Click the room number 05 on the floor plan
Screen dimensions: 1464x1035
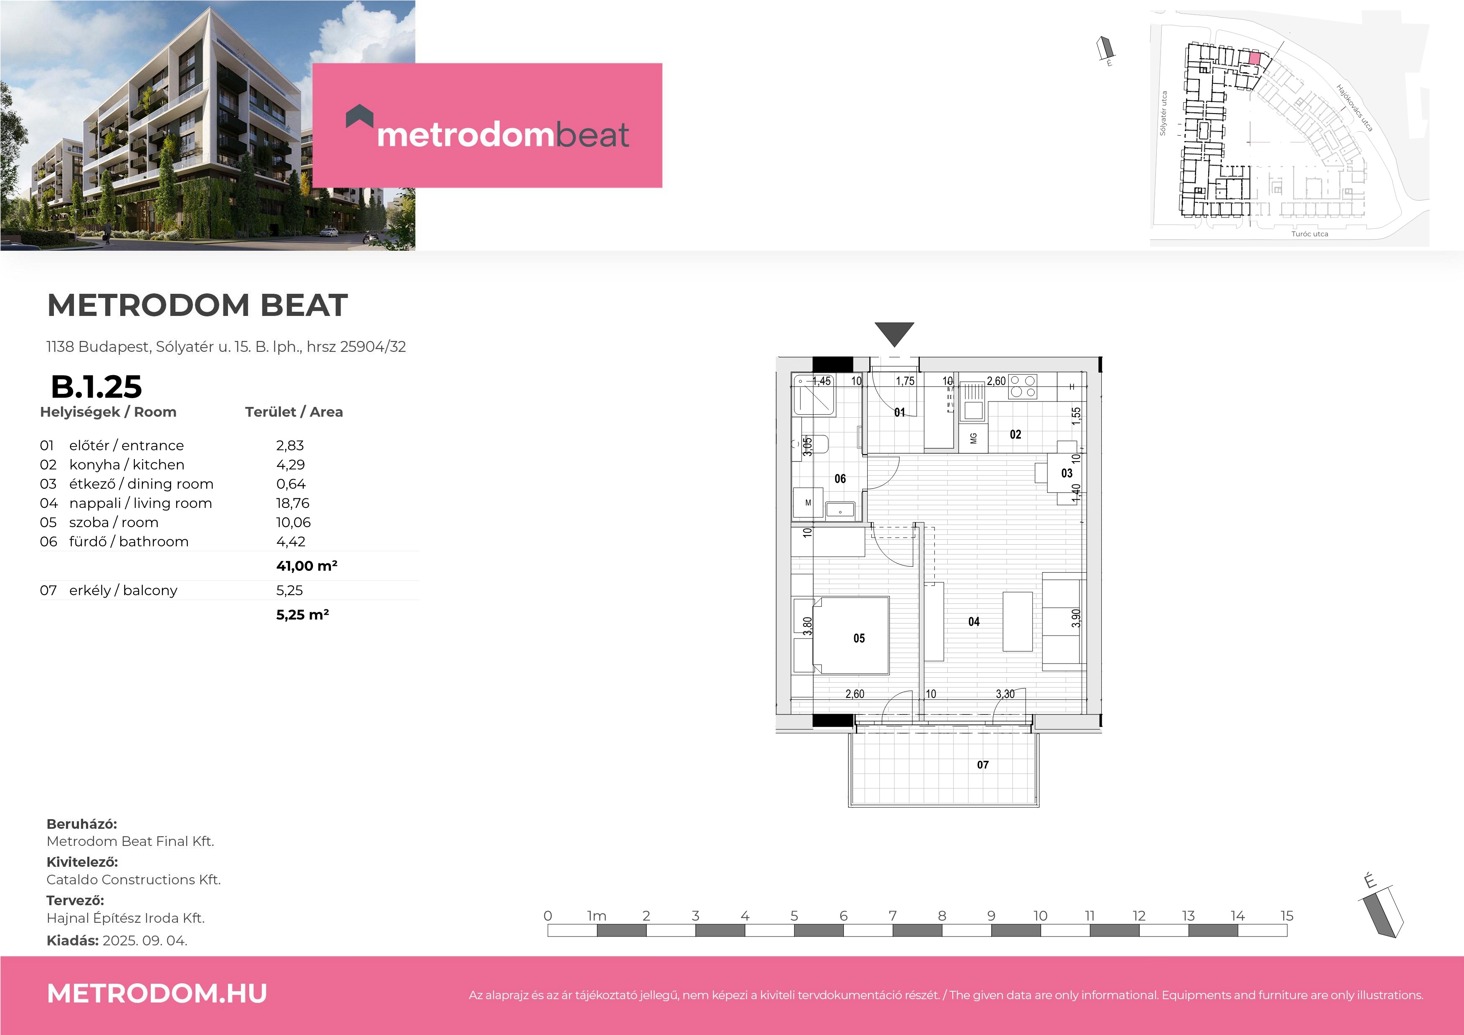click(x=859, y=639)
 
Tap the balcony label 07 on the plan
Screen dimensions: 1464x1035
click(x=982, y=765)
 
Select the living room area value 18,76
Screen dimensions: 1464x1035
click(x=293, y=503)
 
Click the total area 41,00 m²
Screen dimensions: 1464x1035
click(x=307, y=565)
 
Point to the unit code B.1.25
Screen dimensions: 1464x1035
click(x=96, y=386)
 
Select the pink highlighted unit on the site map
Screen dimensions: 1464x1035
click(x=1254, y=58)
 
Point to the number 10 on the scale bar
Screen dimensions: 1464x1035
click(x=1040, y=916)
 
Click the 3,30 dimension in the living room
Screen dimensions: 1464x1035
click(x=1005, y=694)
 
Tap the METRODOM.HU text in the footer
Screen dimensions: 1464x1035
click(x=157, y=994)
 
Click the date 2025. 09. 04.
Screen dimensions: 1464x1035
click(x=145, y=941)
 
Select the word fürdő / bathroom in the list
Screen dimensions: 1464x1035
click(x=129, y=541)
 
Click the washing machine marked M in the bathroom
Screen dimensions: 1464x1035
click(x=808, y=502)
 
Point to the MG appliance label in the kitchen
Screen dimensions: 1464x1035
click(x=974, y=439)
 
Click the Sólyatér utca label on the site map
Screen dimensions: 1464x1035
click(x=1163, y=113)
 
